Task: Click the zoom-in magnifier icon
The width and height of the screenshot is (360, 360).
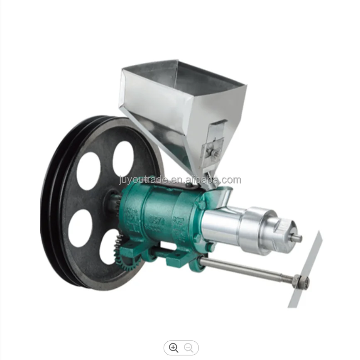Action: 174,348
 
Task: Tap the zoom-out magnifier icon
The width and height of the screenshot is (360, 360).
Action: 189,348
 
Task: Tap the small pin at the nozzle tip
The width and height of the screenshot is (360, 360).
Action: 297,238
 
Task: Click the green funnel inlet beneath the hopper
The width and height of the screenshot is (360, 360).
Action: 220,194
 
